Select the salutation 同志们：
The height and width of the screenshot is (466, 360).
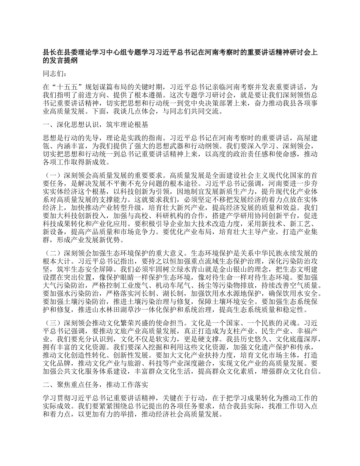[55, 73]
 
